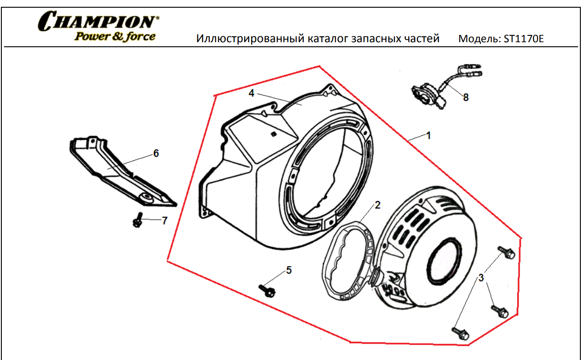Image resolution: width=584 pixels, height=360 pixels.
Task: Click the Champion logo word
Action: pyautogui.click(x=98, y=21)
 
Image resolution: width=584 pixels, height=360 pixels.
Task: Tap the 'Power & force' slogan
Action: pyautogui.click(x=115, y=36)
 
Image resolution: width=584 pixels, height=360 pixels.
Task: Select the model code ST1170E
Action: pyautogui.click(x=524, y=39)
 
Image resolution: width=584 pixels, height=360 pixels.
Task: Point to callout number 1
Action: pyautogui.click(x=428, y=136)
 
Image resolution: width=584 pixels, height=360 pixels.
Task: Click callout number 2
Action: pyautogui.click(x=377, y=205)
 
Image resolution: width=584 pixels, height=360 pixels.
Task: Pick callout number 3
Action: pyautogui.click(x=481, y=278)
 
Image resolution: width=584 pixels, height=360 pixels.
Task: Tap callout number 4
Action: pyautogui.click(x=251, y=93)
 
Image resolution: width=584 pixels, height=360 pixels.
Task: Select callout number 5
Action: pyautogui.click(x=289, y=270)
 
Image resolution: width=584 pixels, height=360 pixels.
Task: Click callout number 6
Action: pyautogui.click(x=156, y=153)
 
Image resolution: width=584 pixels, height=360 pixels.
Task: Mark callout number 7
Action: pyautogui.click(x=164, y=221)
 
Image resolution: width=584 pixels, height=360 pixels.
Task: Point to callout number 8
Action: pyautogui.click(x=466, y=98)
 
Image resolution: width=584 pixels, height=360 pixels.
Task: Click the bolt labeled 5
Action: pyautogui.click(x=267, y=291)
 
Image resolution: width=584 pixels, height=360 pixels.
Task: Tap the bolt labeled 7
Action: pyautogui.click(x=138, y=220)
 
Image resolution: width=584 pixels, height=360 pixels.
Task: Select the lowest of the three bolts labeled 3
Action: pyautogui.click(x=460, y=334)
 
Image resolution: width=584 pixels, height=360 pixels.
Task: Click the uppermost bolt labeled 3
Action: pyautogui.click(x=506, y=252)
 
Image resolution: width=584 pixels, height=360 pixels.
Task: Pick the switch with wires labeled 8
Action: pyautogui.click(x=443, y=87)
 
